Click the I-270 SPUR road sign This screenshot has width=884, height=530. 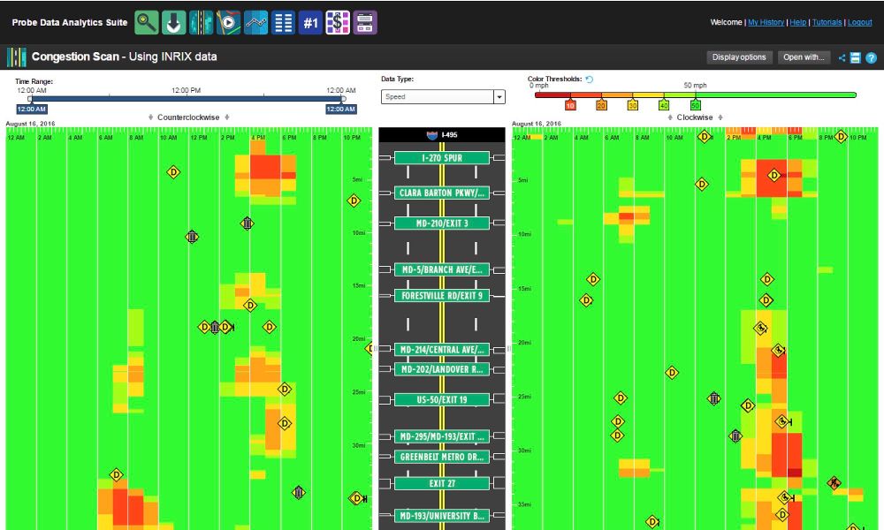click(x=441, y=158)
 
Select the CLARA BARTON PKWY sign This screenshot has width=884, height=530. click(x=441, y=193)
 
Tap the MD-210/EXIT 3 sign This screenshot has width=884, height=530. click(x=441, y=223)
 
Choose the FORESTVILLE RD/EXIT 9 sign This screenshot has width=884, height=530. click(x=441, y=296)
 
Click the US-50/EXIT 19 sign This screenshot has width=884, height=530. click(x=441, y=400)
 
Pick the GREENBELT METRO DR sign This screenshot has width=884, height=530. click(x=441, y=457)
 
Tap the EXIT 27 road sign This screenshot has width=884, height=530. click(x=441, y=484)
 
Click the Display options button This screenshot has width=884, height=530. click(x=739, y=57)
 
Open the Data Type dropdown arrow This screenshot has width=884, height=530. click(x=499, y=97)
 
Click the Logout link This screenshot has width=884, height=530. click(x=860, y=22)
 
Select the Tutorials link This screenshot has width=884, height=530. click(x=827, y=22)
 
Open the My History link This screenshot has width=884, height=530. click(x=766, y=22)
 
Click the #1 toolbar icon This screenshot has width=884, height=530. click(x=310, y=23)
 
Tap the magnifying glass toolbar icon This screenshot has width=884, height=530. click(x=147, y=23)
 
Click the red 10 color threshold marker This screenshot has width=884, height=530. click(x=570, y=105)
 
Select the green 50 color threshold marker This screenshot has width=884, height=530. click(x=695, y=105)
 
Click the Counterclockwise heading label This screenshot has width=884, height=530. click(x=188, y=117)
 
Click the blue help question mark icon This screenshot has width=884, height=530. click(x=871, y=58)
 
